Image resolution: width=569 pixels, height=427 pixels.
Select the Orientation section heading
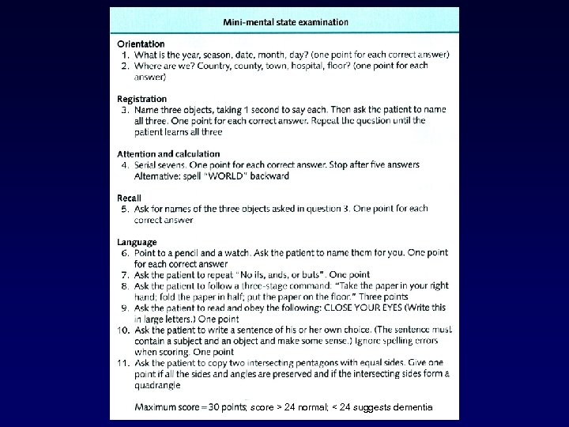tap(141, 43)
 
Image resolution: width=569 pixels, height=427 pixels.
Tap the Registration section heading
tap(142, 99)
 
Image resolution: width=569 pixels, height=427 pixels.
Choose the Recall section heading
tap(130, 198)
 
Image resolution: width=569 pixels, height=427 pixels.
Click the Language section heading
tap(138, 242)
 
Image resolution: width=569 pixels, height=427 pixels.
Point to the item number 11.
tap(125, 363)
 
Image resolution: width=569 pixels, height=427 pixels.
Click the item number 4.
tap(125, 164)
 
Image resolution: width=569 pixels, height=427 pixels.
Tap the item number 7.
tap(126, 274)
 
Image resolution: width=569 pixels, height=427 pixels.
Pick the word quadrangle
tap(157, 385)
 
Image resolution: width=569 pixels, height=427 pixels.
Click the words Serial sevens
tap(160, 164)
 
